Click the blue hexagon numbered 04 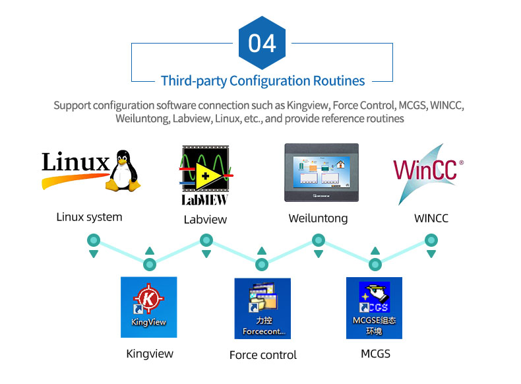(x=262, y=43)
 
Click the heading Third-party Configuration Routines (x=262, y=81)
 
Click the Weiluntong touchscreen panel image (x=321, y=172)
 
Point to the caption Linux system (x=89, y=217)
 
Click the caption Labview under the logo (x=205, y=220)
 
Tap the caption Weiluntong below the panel (x=318, y=218)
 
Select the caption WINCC (x=431, y=218)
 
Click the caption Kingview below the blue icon (x=150, y=354)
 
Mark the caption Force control (x=263, y=355)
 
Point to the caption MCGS (x=375, y=354)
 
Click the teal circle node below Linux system (x=94, y=241)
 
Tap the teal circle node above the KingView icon (x=150, y=265)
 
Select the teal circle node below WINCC (x=431, y=241)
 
